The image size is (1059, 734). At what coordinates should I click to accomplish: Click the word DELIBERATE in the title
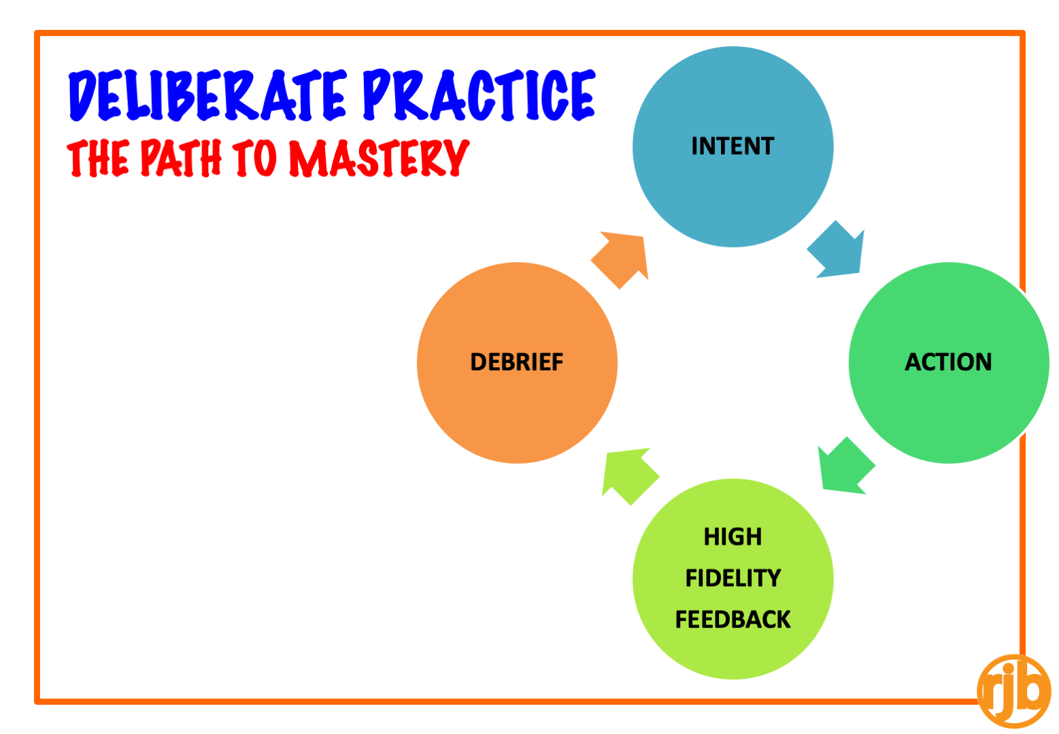click(208, 95)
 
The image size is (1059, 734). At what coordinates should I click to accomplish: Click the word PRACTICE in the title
click(479, 95)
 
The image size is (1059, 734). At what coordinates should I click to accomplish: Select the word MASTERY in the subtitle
click(379, 158)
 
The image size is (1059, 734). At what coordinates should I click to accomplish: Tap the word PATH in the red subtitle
click(181, 158)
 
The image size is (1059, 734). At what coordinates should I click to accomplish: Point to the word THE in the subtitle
click(98, 159)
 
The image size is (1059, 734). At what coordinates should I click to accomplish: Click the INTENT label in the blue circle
click(733, 146)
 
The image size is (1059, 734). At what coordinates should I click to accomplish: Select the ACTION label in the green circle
click(948, 362)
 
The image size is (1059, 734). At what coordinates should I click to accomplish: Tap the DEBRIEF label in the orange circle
click(517, 362)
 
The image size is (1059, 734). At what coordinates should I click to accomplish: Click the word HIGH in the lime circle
click(733, 537)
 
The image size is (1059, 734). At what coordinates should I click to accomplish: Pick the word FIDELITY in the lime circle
click(733, 578)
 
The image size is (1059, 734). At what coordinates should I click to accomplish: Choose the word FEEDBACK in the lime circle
click(733, 619)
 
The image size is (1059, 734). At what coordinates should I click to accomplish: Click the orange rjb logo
click(1013, 691)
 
